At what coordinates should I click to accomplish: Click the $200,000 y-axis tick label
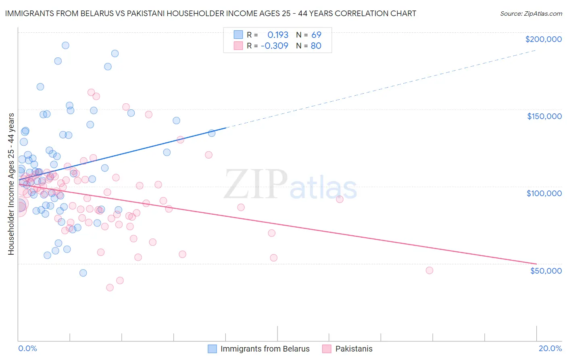543,39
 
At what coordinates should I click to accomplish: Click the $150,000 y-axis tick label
544,116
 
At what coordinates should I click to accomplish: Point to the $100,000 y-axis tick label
544,193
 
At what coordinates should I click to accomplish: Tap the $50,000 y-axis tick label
546,271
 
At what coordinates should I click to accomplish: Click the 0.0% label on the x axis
27,348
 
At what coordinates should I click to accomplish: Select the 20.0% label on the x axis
550,348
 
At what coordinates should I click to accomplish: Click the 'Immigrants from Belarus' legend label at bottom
265,349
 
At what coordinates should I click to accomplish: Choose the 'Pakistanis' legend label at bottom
354,349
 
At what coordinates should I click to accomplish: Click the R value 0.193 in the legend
278,35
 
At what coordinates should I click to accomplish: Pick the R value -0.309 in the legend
274,46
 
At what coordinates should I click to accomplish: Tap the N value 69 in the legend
316,35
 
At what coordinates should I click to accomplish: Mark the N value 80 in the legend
316,46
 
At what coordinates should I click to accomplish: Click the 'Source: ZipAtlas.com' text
531,13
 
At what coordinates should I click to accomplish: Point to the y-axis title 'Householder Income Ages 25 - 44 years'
11,184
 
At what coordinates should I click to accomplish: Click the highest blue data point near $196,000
65,46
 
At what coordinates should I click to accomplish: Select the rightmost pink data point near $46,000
429,270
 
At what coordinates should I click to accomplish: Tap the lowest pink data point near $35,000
110,288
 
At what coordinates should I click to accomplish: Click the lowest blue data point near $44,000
83,273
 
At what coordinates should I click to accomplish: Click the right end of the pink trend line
536,264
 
